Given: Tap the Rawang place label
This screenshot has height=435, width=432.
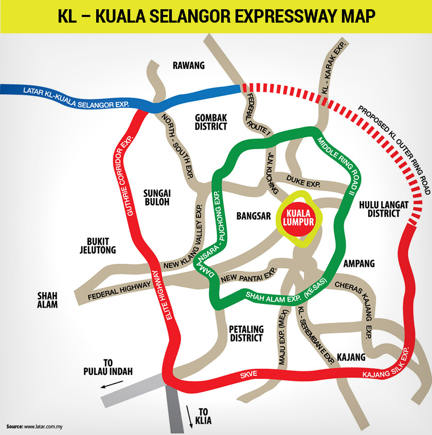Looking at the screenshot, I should pyautogui.click(x=189, y=65).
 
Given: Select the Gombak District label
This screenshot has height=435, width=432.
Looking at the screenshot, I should pyautogui.click(x=211, y=122).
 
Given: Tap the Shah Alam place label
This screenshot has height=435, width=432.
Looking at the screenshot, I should pyautogui.click(x=47, y=300).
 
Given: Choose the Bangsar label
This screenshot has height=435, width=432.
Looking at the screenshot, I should pyautogui.click(x=253, y=216).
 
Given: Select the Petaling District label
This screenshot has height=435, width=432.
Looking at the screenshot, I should pyautogui.click(x=246, y=333).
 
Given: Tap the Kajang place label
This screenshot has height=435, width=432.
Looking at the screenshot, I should pyautogui.click(x=351, y=357).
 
